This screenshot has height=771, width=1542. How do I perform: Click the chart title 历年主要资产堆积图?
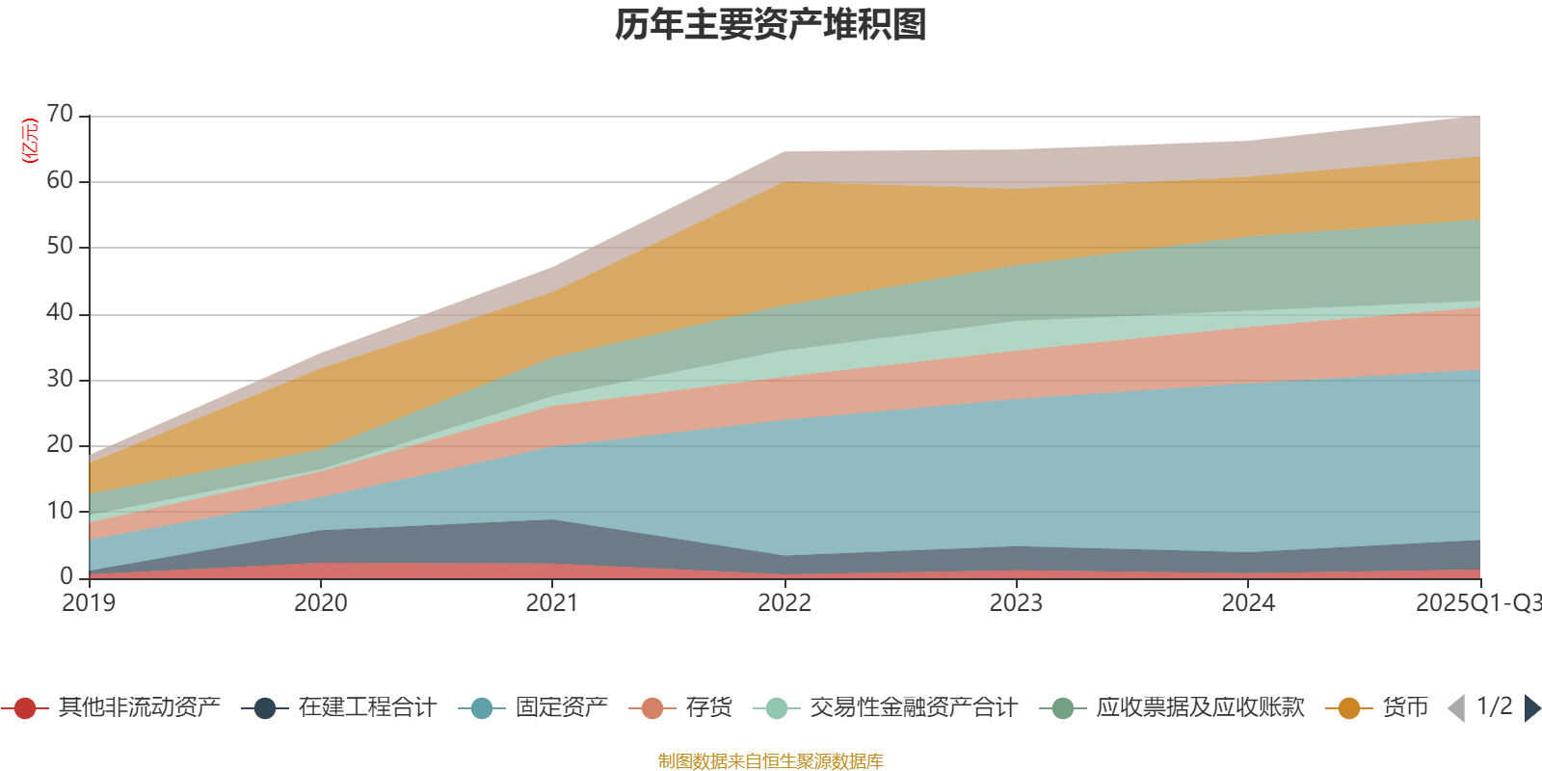pyautogui.click(x=771, y=25)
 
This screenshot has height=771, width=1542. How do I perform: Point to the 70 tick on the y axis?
pyautogui.click(x=60, y=115)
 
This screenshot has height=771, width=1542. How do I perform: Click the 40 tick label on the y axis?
pyautogui.click(x=60, y=312)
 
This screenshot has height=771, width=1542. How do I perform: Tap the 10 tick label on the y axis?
pyautogui.click(x=60, y=511)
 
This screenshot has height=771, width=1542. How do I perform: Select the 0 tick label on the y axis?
pyautogui.click(x=66, y=576)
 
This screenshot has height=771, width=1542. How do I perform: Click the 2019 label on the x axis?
pyautogui.click(x=89, y=603)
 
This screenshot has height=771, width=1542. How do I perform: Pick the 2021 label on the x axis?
pyautogui.click(x=552, y=603)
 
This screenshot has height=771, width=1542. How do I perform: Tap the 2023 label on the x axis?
pyautogui.click(x=1016, y=603)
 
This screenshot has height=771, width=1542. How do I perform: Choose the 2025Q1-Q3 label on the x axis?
pyautogui.click(x=1477, y=603)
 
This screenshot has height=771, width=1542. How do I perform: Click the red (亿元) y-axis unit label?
pyautogui.click(x=30, y=141)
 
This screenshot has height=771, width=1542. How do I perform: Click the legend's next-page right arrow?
pyautogui.click(x=1532, y=708)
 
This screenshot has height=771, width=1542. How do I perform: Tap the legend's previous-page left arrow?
pyautogui.click(x=1456, y=708)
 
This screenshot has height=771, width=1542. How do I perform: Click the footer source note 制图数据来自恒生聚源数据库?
pyautogui.click(x=771, y=761)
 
